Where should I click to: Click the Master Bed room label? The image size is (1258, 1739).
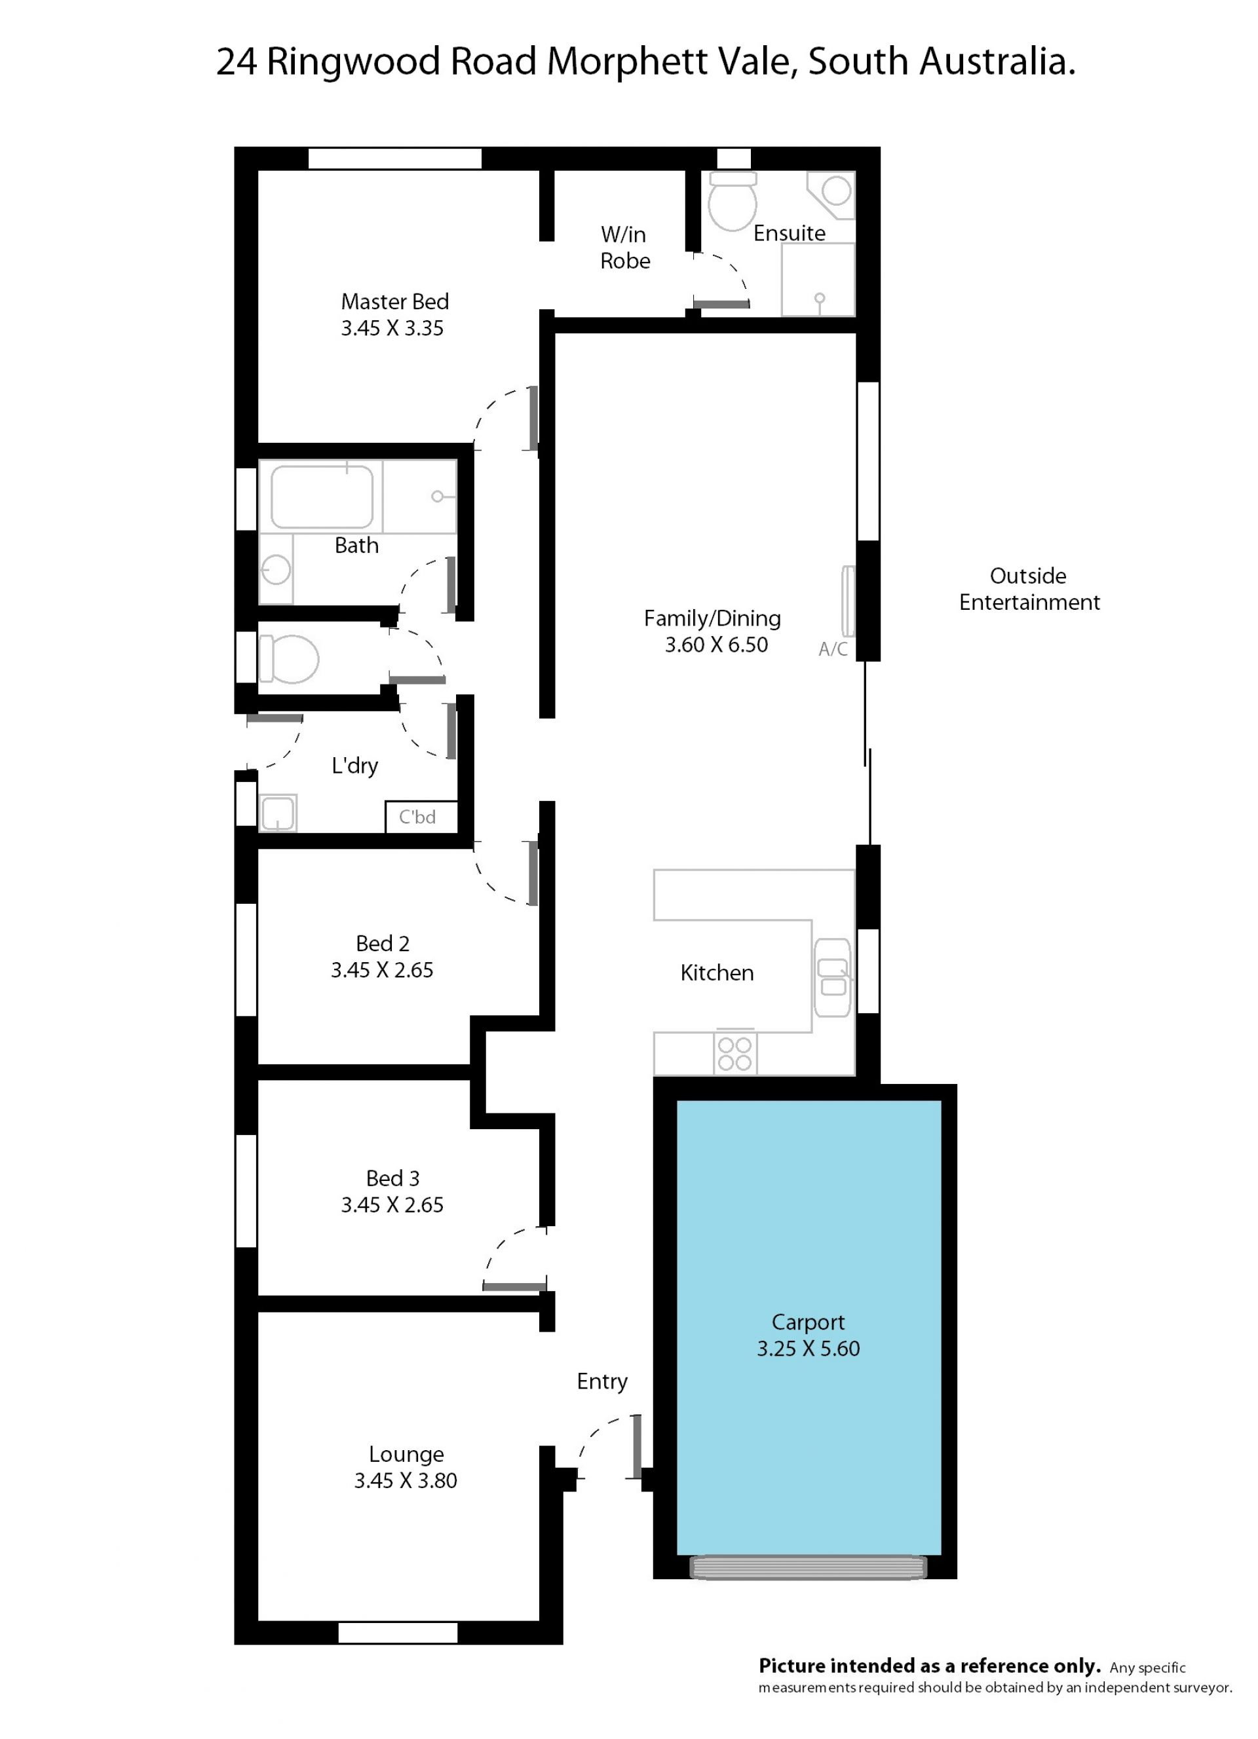point(394,301)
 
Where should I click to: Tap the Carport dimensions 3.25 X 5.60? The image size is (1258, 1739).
point(808,1348)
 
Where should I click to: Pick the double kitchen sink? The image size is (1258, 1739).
point(833,978)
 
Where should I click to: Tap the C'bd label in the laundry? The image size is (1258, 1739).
point(417,817)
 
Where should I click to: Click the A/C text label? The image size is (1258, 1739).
point(833,650)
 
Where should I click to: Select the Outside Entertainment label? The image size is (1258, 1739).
point(1029,589)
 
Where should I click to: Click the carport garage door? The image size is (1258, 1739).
point(809,1568)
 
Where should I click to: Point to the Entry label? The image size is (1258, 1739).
point(602,1381)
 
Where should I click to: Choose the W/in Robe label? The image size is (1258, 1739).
point(624,248)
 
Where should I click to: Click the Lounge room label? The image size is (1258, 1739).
point(406,1454)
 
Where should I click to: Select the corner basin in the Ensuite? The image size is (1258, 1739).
point(833,193)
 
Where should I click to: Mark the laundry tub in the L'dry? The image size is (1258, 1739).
point(278,813)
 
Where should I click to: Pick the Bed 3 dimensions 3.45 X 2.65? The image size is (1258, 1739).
point(392,1205)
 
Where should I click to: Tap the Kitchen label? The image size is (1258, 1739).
point(716,973)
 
